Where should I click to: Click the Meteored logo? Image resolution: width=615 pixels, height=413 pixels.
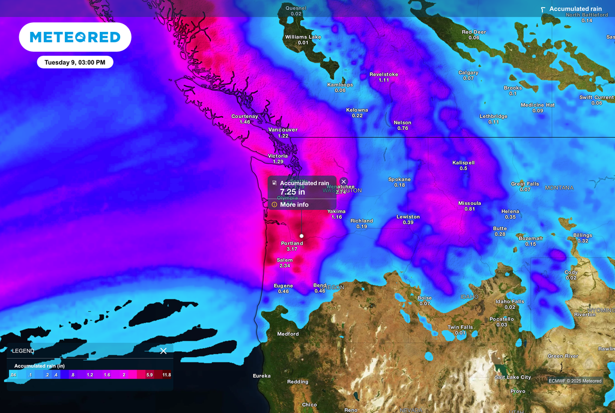coord(75,37)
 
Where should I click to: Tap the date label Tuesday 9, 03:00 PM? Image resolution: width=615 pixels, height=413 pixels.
coord(74,62)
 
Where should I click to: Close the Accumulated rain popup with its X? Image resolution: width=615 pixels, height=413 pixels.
coord(344,181)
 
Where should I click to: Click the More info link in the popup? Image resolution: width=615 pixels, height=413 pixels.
coord(294,205)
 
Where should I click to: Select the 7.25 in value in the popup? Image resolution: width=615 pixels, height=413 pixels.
coord(292,192)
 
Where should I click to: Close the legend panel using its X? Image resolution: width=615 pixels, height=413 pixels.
coord(163,350)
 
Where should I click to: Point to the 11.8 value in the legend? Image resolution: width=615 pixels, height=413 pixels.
coord(166,375)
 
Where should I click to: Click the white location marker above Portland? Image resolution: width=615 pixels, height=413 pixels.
coord(301,236)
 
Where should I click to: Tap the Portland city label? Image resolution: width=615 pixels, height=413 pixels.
coord(292,243)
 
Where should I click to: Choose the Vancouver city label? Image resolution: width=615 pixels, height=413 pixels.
coord(283,130)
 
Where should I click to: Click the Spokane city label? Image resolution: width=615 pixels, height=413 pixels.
coord(399,179)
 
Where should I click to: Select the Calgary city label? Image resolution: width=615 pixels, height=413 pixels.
coord(468,73)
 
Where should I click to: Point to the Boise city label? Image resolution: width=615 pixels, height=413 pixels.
coord(425,298)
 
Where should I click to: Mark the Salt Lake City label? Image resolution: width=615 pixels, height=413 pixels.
coord(512,377)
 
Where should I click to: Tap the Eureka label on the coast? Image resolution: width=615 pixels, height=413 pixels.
coord(261,376)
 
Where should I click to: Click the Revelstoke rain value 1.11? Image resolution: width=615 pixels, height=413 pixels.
coord(384,80)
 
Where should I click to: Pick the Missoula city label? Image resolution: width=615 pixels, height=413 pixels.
coord(470,203)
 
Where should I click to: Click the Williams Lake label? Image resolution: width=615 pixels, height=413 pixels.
coord(303,37)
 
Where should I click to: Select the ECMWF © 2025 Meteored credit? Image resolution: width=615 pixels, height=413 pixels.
coord(575,381)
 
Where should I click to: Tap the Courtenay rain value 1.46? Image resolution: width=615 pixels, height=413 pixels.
coord(245,122)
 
